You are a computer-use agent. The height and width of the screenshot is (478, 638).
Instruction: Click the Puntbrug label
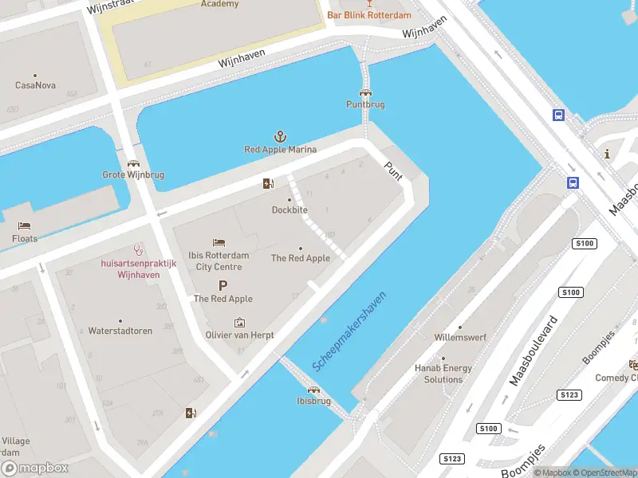coord(365,104)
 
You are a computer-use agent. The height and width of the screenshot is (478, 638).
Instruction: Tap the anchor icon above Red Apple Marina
coord(280,137)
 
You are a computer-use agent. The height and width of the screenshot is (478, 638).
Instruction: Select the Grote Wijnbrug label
coord(133,174)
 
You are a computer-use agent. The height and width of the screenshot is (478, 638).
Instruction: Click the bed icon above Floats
coord(25,226)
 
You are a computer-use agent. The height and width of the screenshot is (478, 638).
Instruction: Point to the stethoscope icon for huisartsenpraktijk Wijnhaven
coord(136,249)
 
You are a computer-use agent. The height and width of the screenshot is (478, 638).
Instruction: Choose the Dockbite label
coord(289,210)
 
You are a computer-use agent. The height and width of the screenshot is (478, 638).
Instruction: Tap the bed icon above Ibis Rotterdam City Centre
coord(219,242)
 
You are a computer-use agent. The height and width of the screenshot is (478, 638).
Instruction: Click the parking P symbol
coord(223,285)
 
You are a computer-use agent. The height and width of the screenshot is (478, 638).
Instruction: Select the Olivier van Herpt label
coord(239,335)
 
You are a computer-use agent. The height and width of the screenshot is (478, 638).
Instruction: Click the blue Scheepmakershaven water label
coord(350,330)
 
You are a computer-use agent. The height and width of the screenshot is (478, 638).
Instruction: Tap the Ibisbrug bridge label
coord(313,402)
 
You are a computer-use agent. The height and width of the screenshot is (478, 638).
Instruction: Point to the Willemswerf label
coord(460,337)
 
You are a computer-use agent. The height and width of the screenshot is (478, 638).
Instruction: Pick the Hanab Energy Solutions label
coord(443,374)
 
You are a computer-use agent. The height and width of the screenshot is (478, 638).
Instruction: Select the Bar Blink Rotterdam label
coord(369,15)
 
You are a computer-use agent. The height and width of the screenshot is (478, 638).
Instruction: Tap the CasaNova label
coord(34,85)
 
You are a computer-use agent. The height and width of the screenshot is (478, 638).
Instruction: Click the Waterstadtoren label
coord(120,331)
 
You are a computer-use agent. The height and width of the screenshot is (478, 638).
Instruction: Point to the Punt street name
coord(393,170)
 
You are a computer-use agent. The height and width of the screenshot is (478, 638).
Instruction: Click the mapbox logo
coord(35,468)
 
